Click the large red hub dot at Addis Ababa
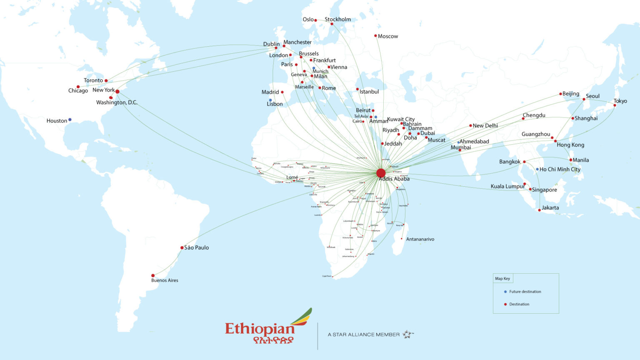(x=381, y=173)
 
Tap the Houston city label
(x=57, y=121)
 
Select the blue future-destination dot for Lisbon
(x=270, y=100)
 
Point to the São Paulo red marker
(x=182, y=247)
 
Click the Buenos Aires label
(x=165, y=280)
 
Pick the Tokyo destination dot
(x=615, y=105)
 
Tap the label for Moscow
(x=388, y=37)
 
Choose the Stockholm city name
(x=337, y=20)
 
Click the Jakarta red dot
(x=540, y=210)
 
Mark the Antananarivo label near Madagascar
(x=420, y=239)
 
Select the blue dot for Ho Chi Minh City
(x=537, y=169)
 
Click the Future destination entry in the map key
(x=525, y=292)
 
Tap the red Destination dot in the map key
(x=505, y=304)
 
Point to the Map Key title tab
(x=502, y=278)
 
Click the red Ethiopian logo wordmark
(x=260, y=329)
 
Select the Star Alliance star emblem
(x=408, y=334)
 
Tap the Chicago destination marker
(x=78, y=87)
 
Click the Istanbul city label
(x=369, y=92)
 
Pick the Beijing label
(x=571, y=94)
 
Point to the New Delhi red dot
(x=470, y=125)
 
